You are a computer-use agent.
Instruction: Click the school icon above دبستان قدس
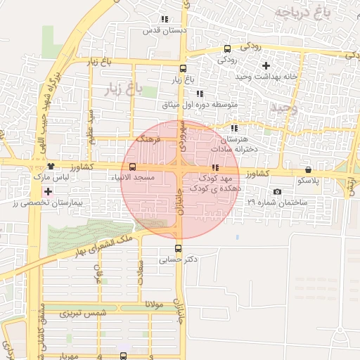tap(165, 20)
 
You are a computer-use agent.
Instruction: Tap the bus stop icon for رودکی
tap(227, 49)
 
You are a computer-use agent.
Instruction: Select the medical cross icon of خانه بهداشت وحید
tap(265, 65)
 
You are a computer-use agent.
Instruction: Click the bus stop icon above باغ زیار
tap(184, 69)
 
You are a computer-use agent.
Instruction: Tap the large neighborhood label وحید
tap(283, 108)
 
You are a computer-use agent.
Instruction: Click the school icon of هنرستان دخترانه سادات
tap(234, 129)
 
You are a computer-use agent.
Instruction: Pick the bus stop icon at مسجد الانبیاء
tap(134, 167)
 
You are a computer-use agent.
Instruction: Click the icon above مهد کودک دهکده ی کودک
tap(214, 167)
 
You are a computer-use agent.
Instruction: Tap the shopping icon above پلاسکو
tap(309, 170)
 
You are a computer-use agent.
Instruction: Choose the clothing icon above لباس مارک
tap(51, 167)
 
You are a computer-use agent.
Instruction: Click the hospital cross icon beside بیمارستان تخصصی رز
tap(48, 191)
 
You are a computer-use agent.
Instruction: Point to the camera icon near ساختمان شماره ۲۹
tap(277, 192)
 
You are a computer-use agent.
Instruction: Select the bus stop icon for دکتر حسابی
tap(178, 247)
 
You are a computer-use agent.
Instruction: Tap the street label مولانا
tap(154, 304)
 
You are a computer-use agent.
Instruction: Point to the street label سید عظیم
tap(90, 125)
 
